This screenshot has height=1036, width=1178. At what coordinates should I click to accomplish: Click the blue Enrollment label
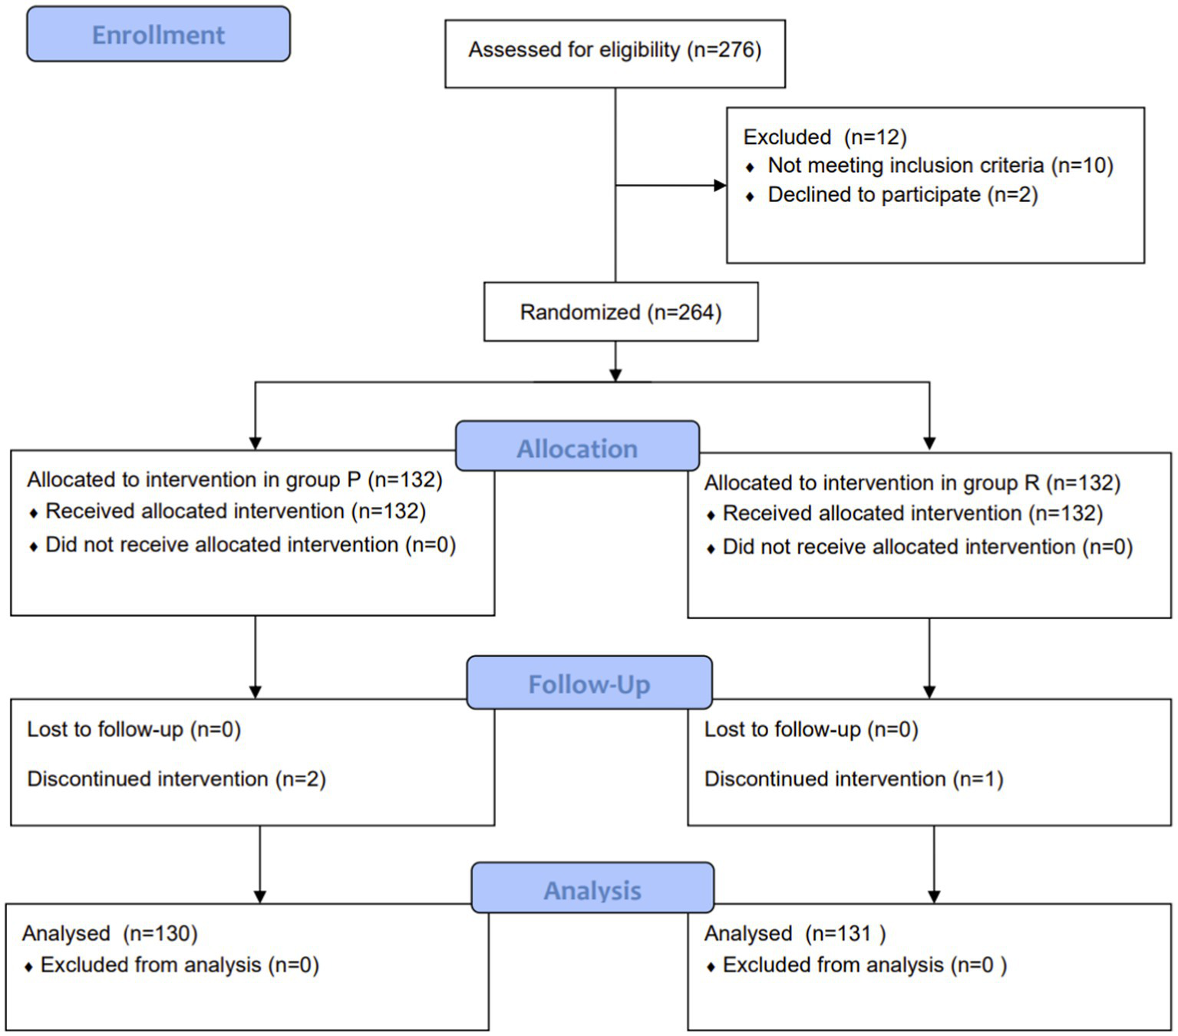[x=158, y=35]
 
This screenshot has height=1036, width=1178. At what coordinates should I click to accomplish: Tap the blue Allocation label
[x=577, y=448]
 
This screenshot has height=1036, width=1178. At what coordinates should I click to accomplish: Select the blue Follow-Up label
[x=589, y=683]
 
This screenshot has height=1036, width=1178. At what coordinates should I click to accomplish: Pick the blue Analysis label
[x=592, y=889]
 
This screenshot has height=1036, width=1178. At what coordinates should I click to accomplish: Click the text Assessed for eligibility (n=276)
[x=615, y=50]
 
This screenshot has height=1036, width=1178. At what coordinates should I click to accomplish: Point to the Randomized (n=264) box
[x=620, y=313]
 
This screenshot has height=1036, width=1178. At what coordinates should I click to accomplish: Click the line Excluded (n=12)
[x=824, y=137]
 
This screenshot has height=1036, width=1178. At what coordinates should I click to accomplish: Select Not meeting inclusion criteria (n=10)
[x=940, y=166]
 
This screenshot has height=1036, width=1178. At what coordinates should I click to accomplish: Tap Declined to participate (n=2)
[x=902, y=195]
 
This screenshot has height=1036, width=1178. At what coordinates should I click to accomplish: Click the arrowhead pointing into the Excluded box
[x=719, y=185]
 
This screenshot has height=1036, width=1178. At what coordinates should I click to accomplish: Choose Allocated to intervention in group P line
[x=235, y=480]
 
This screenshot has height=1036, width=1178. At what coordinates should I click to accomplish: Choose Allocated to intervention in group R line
[x=912, y=483]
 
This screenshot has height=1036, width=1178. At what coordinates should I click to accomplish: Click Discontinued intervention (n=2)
[x=177, y=779]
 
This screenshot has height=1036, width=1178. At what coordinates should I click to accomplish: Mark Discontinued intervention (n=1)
[x=853, y=779]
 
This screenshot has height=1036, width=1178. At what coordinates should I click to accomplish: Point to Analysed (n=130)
[x=110, y=933]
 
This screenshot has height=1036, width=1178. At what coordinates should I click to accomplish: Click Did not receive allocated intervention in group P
[x=250, y=544]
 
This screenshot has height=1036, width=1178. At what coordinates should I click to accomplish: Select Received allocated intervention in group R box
[x=912, y=513]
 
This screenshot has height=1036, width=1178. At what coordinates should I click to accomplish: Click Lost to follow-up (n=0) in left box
[x=134, y=729]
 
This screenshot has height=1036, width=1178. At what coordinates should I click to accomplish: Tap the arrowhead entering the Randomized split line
[x=615, y=374]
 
